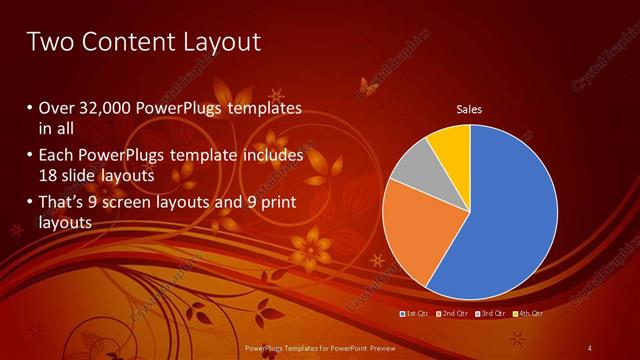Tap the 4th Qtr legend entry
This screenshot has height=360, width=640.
coord(528,313)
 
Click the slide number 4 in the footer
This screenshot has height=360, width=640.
coord(590,347)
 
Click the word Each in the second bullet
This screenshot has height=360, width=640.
coord(55,155)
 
